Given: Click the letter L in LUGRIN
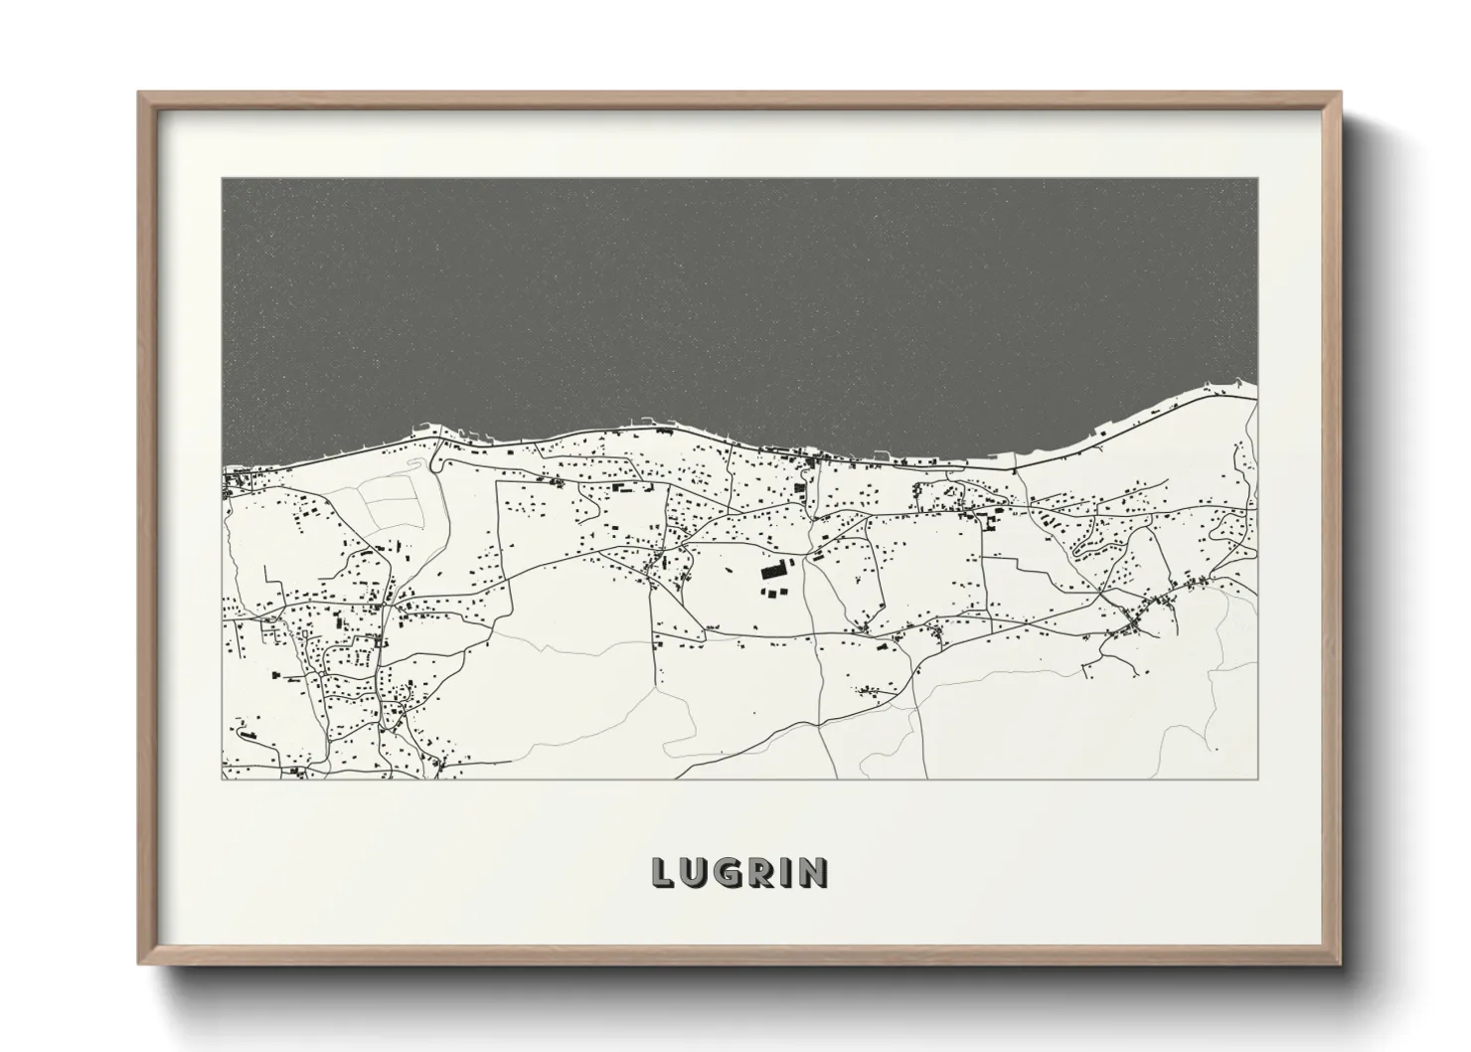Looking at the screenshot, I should pos(663,873).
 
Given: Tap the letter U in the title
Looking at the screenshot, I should pos(694,873).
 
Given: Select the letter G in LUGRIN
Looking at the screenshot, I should pos(728,873).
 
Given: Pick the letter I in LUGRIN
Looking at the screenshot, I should pos(786,873).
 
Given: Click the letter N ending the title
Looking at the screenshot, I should pos(812,873).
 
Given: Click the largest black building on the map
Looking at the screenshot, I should pos(771,572).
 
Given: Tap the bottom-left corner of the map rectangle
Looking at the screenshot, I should pos(223,779).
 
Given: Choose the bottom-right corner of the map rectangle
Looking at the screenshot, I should pos(1256,779).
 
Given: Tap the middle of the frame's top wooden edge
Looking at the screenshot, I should pos(739,96).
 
